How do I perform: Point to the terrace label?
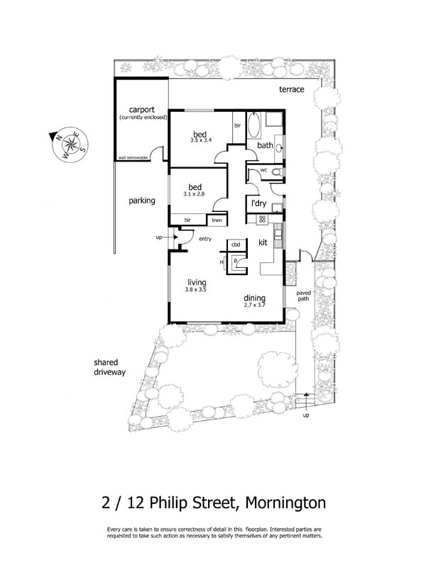(291, 89)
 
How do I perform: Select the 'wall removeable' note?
(133, 157)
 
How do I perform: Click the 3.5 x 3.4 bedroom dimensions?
(202, 141)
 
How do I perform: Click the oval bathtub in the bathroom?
(253, 126)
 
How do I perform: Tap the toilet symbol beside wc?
(278, 172)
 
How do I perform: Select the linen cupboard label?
(217, 220)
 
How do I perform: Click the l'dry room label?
(258, 203)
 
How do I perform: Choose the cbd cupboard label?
(236, 245)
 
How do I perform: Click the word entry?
(205, 239)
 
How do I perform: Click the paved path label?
(303, 295)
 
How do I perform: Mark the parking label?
(142, 201)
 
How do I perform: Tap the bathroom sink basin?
(278, 147)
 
